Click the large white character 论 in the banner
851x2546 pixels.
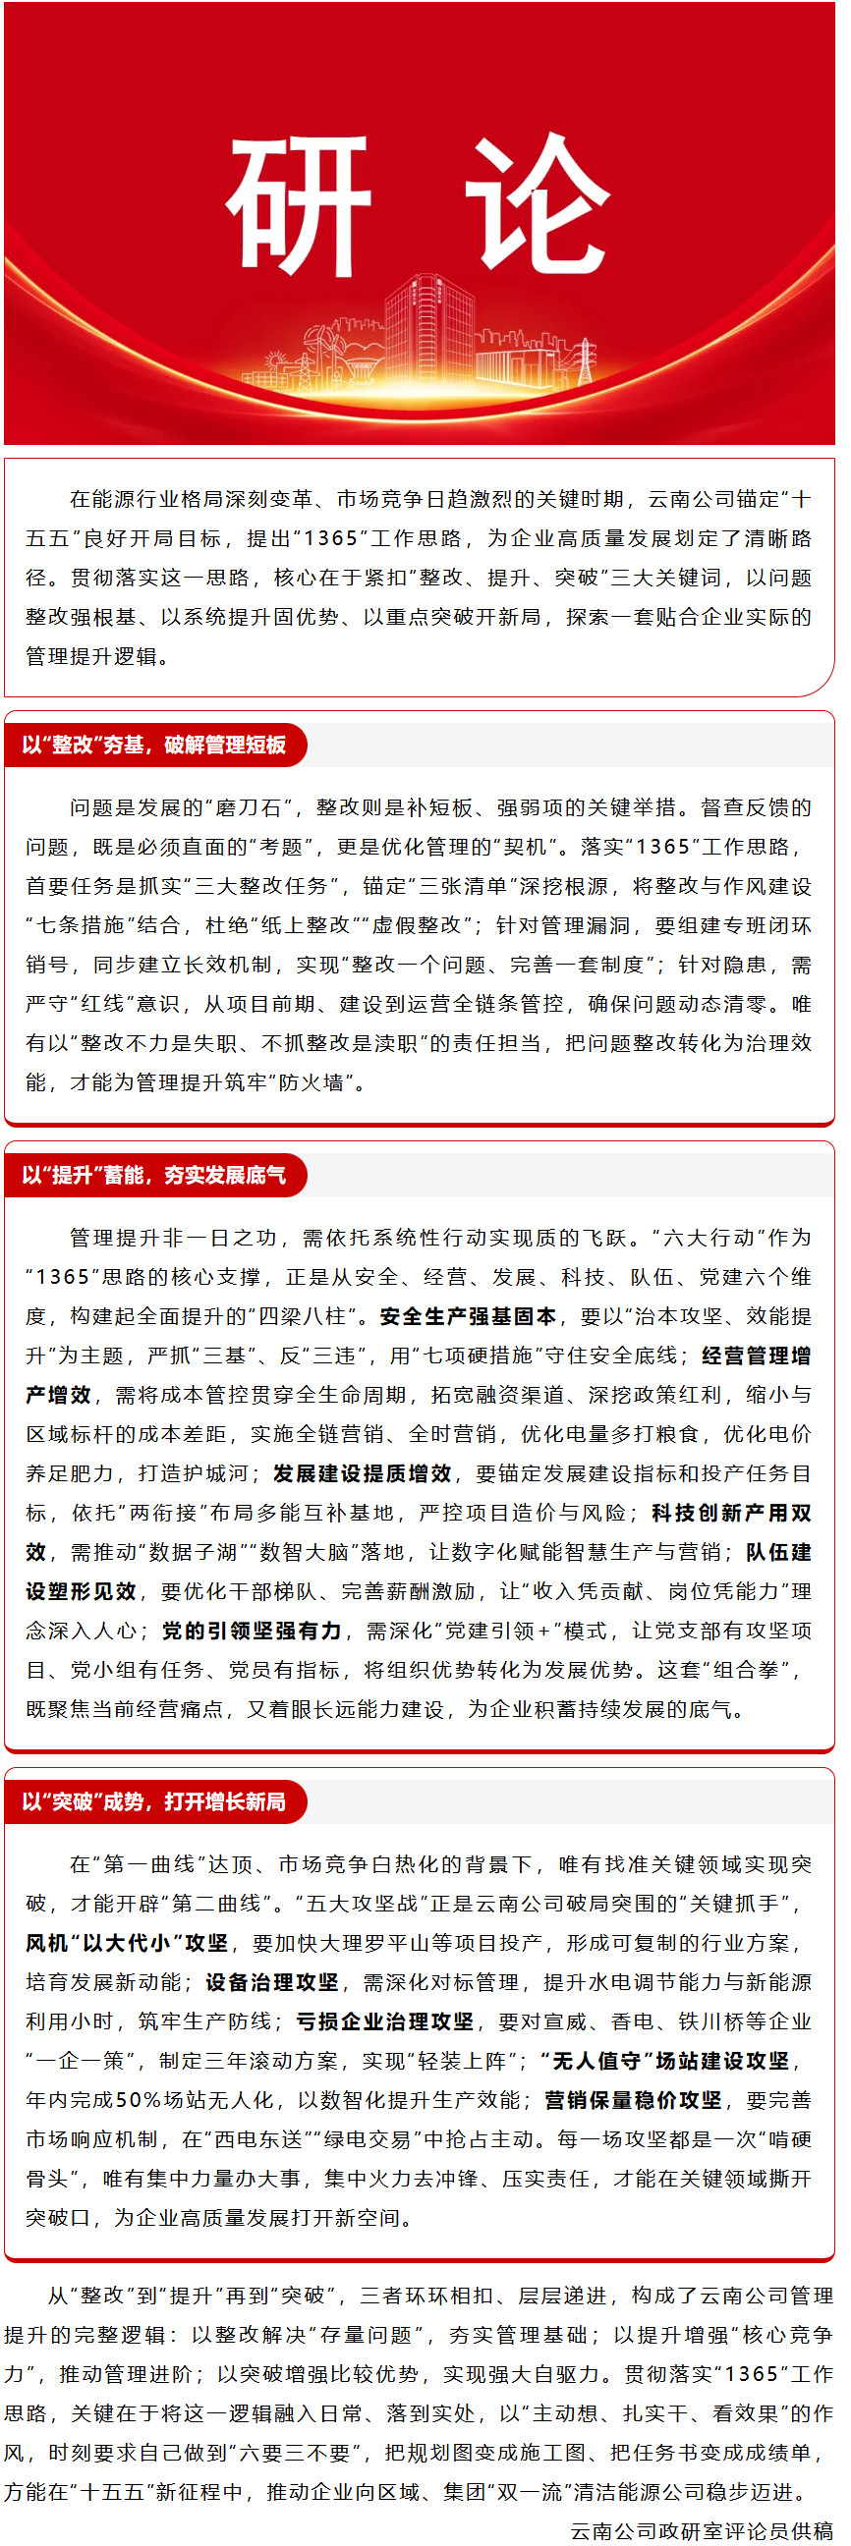pos(539,204)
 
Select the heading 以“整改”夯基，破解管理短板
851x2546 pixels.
pos(154,745)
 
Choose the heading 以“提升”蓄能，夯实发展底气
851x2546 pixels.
pos(154,1174)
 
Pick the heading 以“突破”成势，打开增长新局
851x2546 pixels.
pos(154,1800)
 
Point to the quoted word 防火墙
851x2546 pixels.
pos(312,1082)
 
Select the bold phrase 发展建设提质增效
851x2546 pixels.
pos(362,1473)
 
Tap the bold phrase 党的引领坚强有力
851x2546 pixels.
pos(251,1631)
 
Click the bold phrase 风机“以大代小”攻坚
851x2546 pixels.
pos(128,1943)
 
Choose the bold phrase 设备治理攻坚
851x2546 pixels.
pos(272,1982)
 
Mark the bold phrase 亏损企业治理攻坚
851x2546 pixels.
pos(384,2022)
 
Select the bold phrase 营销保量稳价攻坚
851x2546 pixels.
pos(632,2100)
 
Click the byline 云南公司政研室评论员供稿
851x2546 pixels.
pos(701,2530)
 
